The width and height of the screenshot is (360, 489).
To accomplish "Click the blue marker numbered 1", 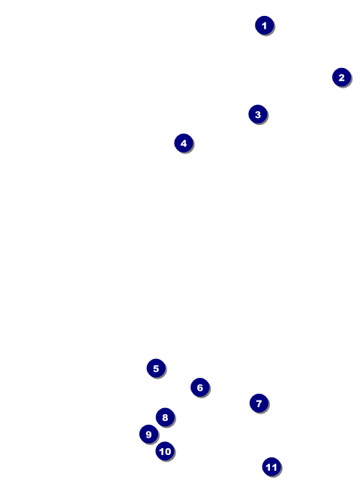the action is tap(265, 25).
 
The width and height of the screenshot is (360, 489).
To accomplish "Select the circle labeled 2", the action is tap(342, 77).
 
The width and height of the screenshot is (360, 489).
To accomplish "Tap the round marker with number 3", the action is tap(258, 114).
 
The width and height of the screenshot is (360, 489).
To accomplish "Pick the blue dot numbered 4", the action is tap(184, 143).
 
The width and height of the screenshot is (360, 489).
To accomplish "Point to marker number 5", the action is tap(156, 368).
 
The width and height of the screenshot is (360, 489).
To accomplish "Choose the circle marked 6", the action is tap(200, 387).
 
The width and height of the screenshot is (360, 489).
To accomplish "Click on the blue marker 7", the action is tap(259, 404).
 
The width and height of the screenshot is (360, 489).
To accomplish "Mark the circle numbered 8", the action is tap(165, 417).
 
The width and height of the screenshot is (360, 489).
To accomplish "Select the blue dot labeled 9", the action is tap(148, 434).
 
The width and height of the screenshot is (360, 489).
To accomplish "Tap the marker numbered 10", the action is tap(165, 451).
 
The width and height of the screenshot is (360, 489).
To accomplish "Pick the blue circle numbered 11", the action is tap(272, 467).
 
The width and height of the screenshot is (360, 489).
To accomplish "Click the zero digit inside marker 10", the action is tap(168, 451).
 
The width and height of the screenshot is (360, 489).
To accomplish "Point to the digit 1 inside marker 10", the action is tap(161, 451).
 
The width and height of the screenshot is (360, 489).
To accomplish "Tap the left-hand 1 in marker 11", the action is tap(268, 467).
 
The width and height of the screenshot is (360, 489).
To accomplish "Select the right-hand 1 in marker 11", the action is tap(274, 467).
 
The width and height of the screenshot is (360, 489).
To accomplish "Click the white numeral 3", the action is tap(258, 114).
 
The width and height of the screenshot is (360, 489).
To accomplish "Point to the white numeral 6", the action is tap(200, 388).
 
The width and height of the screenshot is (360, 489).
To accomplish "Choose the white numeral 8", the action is tap(165, 417).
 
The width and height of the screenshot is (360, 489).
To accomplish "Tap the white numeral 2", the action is tap(342, 77).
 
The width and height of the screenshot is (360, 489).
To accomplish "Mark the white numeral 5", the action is tap(156, 368).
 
